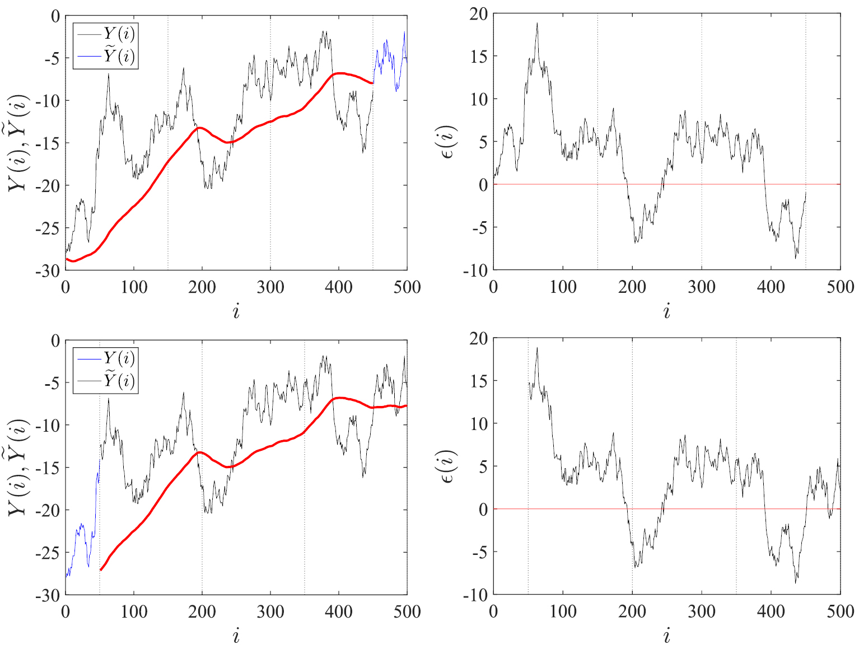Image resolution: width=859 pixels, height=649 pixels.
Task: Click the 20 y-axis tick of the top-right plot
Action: [x=479, y=14]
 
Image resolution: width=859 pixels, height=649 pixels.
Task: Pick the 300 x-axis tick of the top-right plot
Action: [x=701, y=287]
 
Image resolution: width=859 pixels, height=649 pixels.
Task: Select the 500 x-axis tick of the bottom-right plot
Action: [x=840, y=611]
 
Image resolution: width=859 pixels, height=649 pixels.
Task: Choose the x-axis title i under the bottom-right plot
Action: [x=666, y=636]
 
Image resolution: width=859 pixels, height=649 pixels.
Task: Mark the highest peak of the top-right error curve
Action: [x=537, y=24]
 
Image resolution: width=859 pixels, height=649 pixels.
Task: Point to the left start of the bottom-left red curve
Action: [x=101, y=569]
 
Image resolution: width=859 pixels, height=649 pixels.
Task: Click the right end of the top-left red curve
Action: [x=372, y=83]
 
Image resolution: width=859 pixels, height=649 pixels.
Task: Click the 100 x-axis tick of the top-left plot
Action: [x=134, y=287]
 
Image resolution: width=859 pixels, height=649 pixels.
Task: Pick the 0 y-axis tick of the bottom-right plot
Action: [x=483, y=510]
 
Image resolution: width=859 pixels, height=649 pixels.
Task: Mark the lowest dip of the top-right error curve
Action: [x=796, y=258]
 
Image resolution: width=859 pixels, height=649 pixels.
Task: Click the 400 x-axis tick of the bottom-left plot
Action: [x=339, y=611]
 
